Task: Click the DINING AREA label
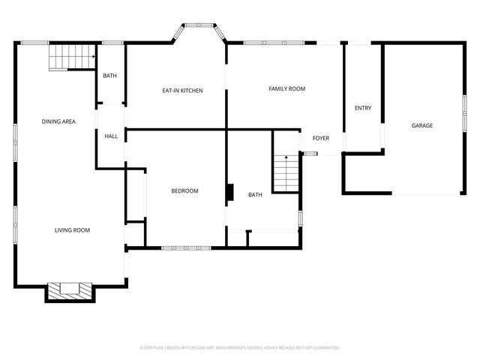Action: [58, 121]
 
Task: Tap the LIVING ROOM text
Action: [72, 230]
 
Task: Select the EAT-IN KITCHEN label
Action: [183, 91]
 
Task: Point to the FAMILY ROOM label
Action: [287, 89]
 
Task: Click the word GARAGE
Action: [422, 125]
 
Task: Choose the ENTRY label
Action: [363, 108]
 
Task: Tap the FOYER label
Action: [321, 138]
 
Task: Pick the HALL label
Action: [111, 136]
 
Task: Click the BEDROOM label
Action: [184, 191]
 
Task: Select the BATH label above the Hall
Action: [110, 76]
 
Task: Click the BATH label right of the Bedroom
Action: [256, 195]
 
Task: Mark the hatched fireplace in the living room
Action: [70, 289]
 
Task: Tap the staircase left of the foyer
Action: [285, 172]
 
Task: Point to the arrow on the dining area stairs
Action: [91, 56]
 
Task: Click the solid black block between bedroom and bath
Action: [230, 193]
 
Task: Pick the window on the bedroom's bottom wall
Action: [186, 247]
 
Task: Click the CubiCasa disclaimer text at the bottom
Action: [240, 348]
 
